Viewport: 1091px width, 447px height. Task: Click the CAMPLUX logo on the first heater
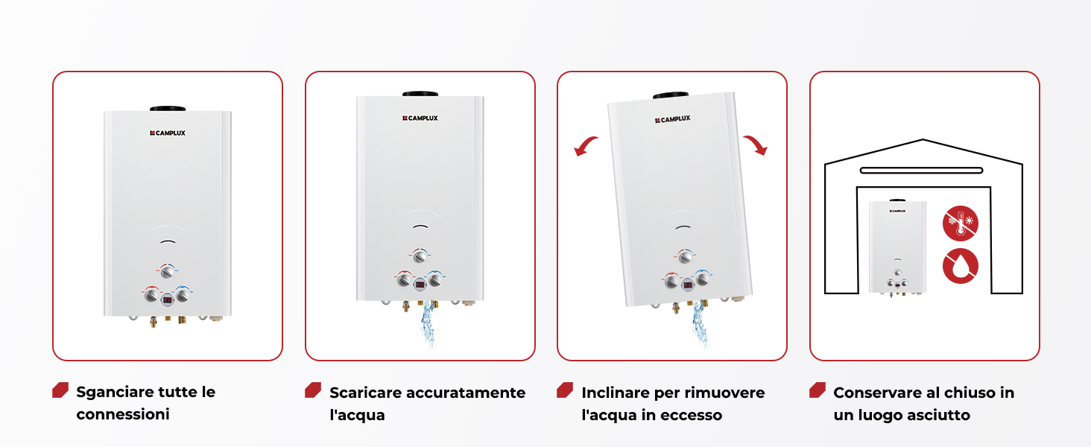pyautogui.click(x=168, y=133)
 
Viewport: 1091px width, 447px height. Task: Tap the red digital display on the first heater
pyautogui.click(x=167, y=300)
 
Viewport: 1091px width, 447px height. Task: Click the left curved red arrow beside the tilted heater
pyautogui.click(x=586, y=146)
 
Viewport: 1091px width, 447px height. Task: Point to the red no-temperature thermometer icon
pyautogui.click(x=961, y=223)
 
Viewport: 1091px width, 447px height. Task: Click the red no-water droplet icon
pyautogui.click(x=961, y=266)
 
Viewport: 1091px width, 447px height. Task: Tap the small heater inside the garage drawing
pyautogui.click(x=898, y=247)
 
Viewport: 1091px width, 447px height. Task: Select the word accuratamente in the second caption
pyautogui.click(x=466, y=393)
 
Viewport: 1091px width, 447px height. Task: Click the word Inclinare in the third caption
pyautogui.click(x=615, y=393)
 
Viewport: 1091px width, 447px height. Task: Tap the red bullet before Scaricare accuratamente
pyautogui.click(x=313, y=390)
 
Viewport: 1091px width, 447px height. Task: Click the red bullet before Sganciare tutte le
pyautogui.click(x=60, y=390)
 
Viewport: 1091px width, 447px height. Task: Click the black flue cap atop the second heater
pyautogui.click(x=420, y=93)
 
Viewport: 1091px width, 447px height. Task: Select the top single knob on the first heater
pyautogui.click(x=168, y=271)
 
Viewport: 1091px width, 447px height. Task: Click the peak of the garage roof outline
pyautogui.click(x=923, y=140)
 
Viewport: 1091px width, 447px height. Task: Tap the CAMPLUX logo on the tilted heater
pyautogui.click(x=673, y=119)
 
